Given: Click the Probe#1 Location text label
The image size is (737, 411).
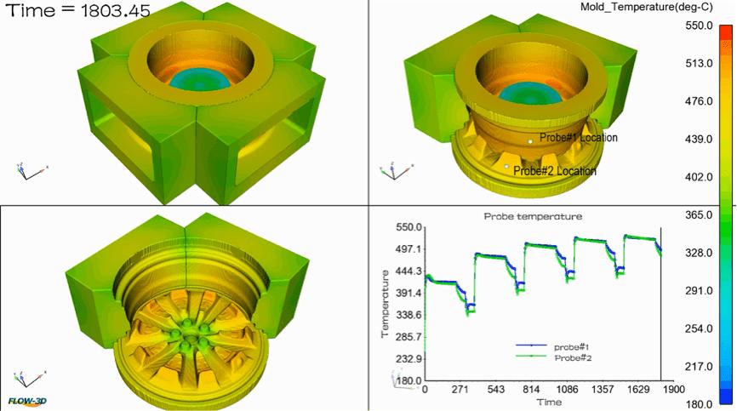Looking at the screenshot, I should pyautogui.click(x=579, y=138).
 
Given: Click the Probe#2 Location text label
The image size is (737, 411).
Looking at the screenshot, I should pyautogui.click(x=555, y=171).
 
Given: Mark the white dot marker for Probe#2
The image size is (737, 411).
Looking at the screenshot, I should pyautogui.click(x=508, y=167).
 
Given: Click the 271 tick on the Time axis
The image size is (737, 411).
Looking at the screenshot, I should pyautogui.click(x=460, y=389).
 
